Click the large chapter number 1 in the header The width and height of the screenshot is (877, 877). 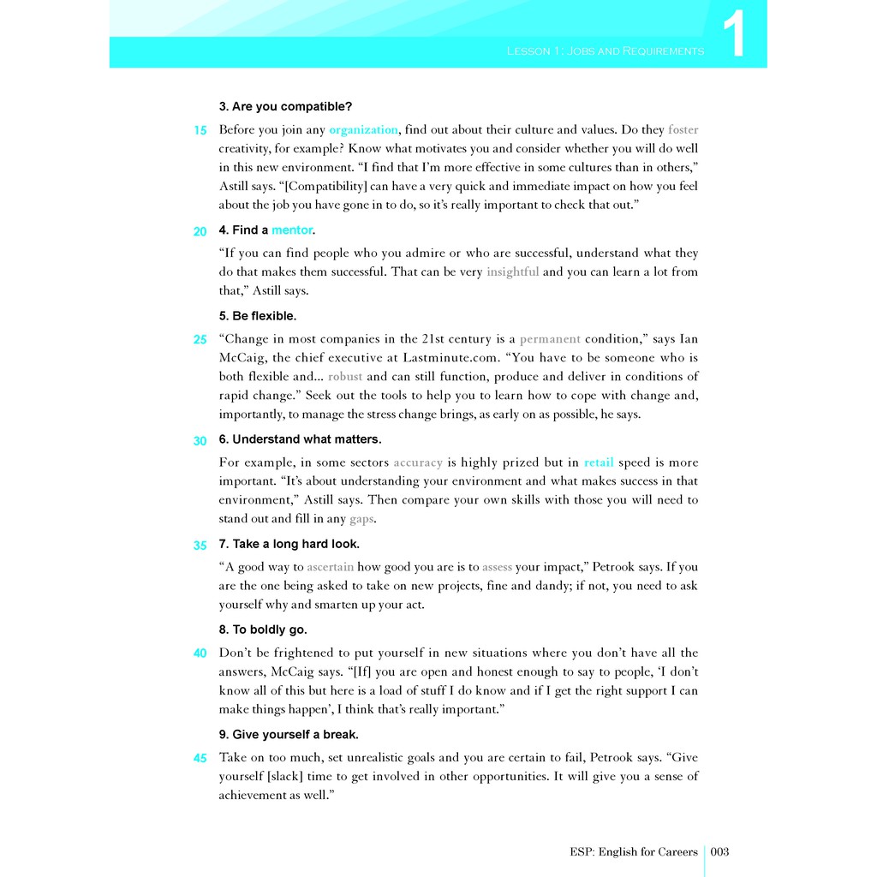pyautogui.click(x=733, y=35)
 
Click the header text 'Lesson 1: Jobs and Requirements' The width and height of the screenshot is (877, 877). pyautogui.click(x=606, y=51)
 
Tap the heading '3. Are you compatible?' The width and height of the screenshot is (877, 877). pyautogui.click(x=285, y=106)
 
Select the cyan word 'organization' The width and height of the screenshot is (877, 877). pyautogui.click(x=363, y=130)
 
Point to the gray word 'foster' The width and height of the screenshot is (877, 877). pyautogui.click(x=683, y=130)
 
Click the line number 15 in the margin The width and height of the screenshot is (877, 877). pyautogui.click(x=200, y=131)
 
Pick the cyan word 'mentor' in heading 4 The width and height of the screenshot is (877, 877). pyautogui.click(x=292, y=230)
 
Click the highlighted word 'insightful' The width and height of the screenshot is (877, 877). pyautogui.click(x=512, y=272)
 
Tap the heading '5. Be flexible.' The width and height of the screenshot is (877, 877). pyautogui.click(x=258, y=316)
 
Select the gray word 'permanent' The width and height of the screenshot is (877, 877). pyautogui.click(x=550, y=339)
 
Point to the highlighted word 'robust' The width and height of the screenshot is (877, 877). pyautogui.click(x=345, y=377)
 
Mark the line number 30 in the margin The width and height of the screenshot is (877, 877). pyautogui.click(x=200, y=441)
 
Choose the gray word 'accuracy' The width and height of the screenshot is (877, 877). pyautogui.click(x=418, y=462)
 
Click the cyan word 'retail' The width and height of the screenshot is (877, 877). pyautogui.click(x=599, y=462)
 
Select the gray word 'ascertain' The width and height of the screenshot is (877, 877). pyautogui.click(x=331, y=567)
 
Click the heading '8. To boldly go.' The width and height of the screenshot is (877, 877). pyautogui.click(x=263, y=629)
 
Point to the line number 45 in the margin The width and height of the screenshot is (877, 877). pyautogui.click(x=200, y=758)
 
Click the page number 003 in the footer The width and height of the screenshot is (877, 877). pyautogui.click(x=719, y=851)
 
